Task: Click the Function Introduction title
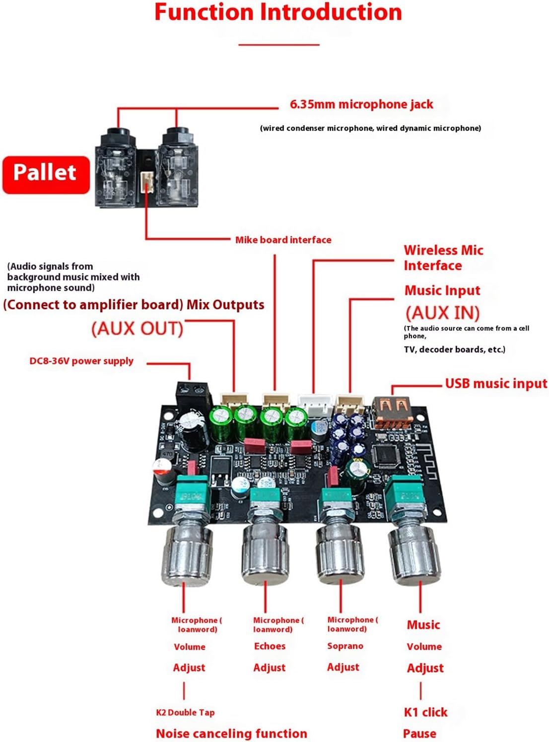coord(278,12)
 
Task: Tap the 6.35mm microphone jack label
coord(361,104)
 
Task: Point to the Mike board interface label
coord(283,240)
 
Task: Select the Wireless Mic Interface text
coord(443,258)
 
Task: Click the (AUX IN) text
coord(442,313)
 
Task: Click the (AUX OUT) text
coord(137,329)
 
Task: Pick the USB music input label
coord(495,383)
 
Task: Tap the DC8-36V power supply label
coord(81,361)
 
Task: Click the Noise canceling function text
coord(231,733)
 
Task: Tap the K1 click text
coord(425,712)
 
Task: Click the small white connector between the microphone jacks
coord(147,182)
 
